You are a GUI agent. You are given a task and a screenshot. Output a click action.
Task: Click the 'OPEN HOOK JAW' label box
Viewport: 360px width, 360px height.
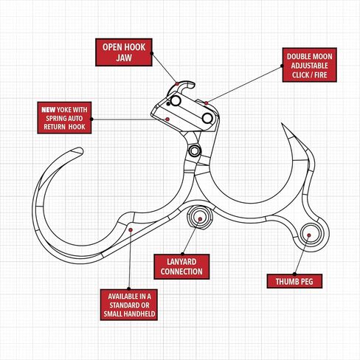click(124, 52)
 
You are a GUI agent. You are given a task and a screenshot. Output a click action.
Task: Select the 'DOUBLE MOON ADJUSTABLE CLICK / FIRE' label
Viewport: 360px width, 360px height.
click(309, 65)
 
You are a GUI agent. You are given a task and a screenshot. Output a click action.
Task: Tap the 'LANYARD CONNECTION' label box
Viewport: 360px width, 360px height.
click(181, 267)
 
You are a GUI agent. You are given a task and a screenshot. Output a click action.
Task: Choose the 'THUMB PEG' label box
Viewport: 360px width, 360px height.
click(294, 281)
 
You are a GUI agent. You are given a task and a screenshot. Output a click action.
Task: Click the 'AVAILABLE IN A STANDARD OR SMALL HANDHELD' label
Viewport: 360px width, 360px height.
click(129, 305)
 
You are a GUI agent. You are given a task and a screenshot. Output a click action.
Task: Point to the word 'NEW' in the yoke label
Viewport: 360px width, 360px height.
click(49, 110)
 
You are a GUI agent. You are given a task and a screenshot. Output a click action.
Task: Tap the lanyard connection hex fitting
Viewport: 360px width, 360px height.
click(200, 218)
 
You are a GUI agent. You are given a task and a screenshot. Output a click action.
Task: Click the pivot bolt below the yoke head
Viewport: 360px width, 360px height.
click(195, 150)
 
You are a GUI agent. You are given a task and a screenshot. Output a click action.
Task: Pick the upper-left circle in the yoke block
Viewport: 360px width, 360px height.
click(176, 101)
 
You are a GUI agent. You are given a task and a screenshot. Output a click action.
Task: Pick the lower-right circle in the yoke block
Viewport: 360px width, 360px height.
click(207, 118)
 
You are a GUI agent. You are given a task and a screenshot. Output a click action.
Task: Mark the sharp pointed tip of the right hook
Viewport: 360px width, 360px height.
click(282, 124)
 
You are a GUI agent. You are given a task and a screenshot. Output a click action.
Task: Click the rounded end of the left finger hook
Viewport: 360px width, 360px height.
click(79, 150)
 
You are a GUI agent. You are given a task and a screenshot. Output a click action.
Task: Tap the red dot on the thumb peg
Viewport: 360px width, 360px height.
click(309, 235)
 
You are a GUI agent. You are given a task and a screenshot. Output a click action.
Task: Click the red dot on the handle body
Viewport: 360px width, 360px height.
click(131, 230)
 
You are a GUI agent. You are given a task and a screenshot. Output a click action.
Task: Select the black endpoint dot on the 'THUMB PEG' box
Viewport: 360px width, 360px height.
click(294, 274)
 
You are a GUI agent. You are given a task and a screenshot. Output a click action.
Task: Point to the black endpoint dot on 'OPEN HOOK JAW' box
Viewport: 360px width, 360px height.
click(152, 53)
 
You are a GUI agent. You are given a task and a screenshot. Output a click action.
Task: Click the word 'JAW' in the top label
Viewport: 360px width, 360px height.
click(124, 58)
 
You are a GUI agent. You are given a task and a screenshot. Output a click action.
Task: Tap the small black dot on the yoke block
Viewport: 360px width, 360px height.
click(168, 104)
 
